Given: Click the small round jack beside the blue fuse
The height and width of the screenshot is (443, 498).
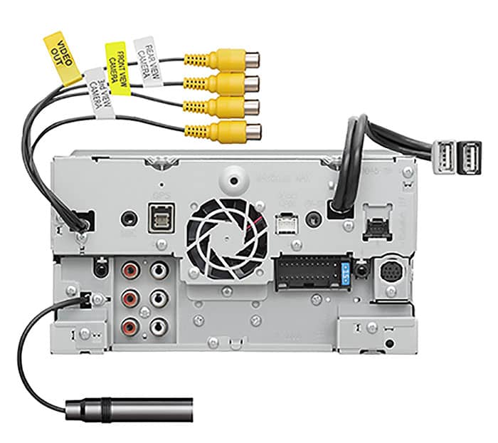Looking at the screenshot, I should [362, 270].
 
